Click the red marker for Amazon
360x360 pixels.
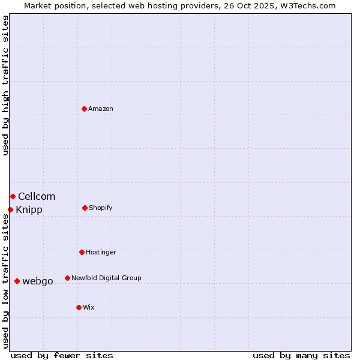pyautogui.click(x=84, y=109)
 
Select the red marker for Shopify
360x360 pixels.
pyautogui.click(x=85, y=208)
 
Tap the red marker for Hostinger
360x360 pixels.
pyautogui.click(x=82, y=252)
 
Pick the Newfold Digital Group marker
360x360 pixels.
pyautogui.click(x=67, y=278)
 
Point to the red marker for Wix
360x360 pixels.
pyautogui.click(x=79, y=307)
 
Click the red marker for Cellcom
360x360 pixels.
pyautogui.click(x=13, y=196)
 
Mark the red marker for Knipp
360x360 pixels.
pyautogui.click(x=10, y=209)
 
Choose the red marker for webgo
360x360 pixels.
pyautogui.click(x=17, y=281)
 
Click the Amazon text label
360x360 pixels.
pyautogui.click(x=101, y=109)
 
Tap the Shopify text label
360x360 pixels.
pyautogui.click(x=101, y=208)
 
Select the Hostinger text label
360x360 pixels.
pyautogui.click(x=101, y=253)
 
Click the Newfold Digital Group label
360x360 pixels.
pyautogui.click(x=106, y=278)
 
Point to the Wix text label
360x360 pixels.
pyautogui.click(x=89, y=308)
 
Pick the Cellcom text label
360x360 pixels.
pyautogui.click(x=37, y=197)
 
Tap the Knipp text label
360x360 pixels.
pyautogui.click(x=29, y=210)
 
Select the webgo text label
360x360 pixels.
pyautogui.click(x=38, y=281)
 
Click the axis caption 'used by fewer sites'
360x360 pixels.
pyautogui.click(x=62, y=355)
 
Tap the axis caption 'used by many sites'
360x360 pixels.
pyautogui.click(x=301, y=355)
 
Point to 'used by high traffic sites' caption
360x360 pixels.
pyautogui.click(x=5, y=85)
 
